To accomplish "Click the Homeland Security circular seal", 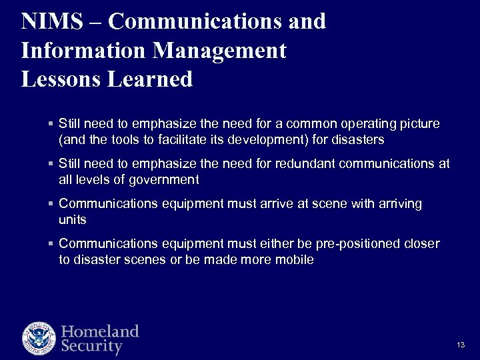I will (39, 338).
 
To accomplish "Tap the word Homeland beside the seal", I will (100, 331).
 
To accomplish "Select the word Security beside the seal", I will (92, 347).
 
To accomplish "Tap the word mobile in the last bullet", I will (295, 259).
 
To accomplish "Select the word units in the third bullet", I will (73, 219).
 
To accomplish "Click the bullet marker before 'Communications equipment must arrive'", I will (51, 204).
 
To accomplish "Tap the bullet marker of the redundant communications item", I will (51, 164).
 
